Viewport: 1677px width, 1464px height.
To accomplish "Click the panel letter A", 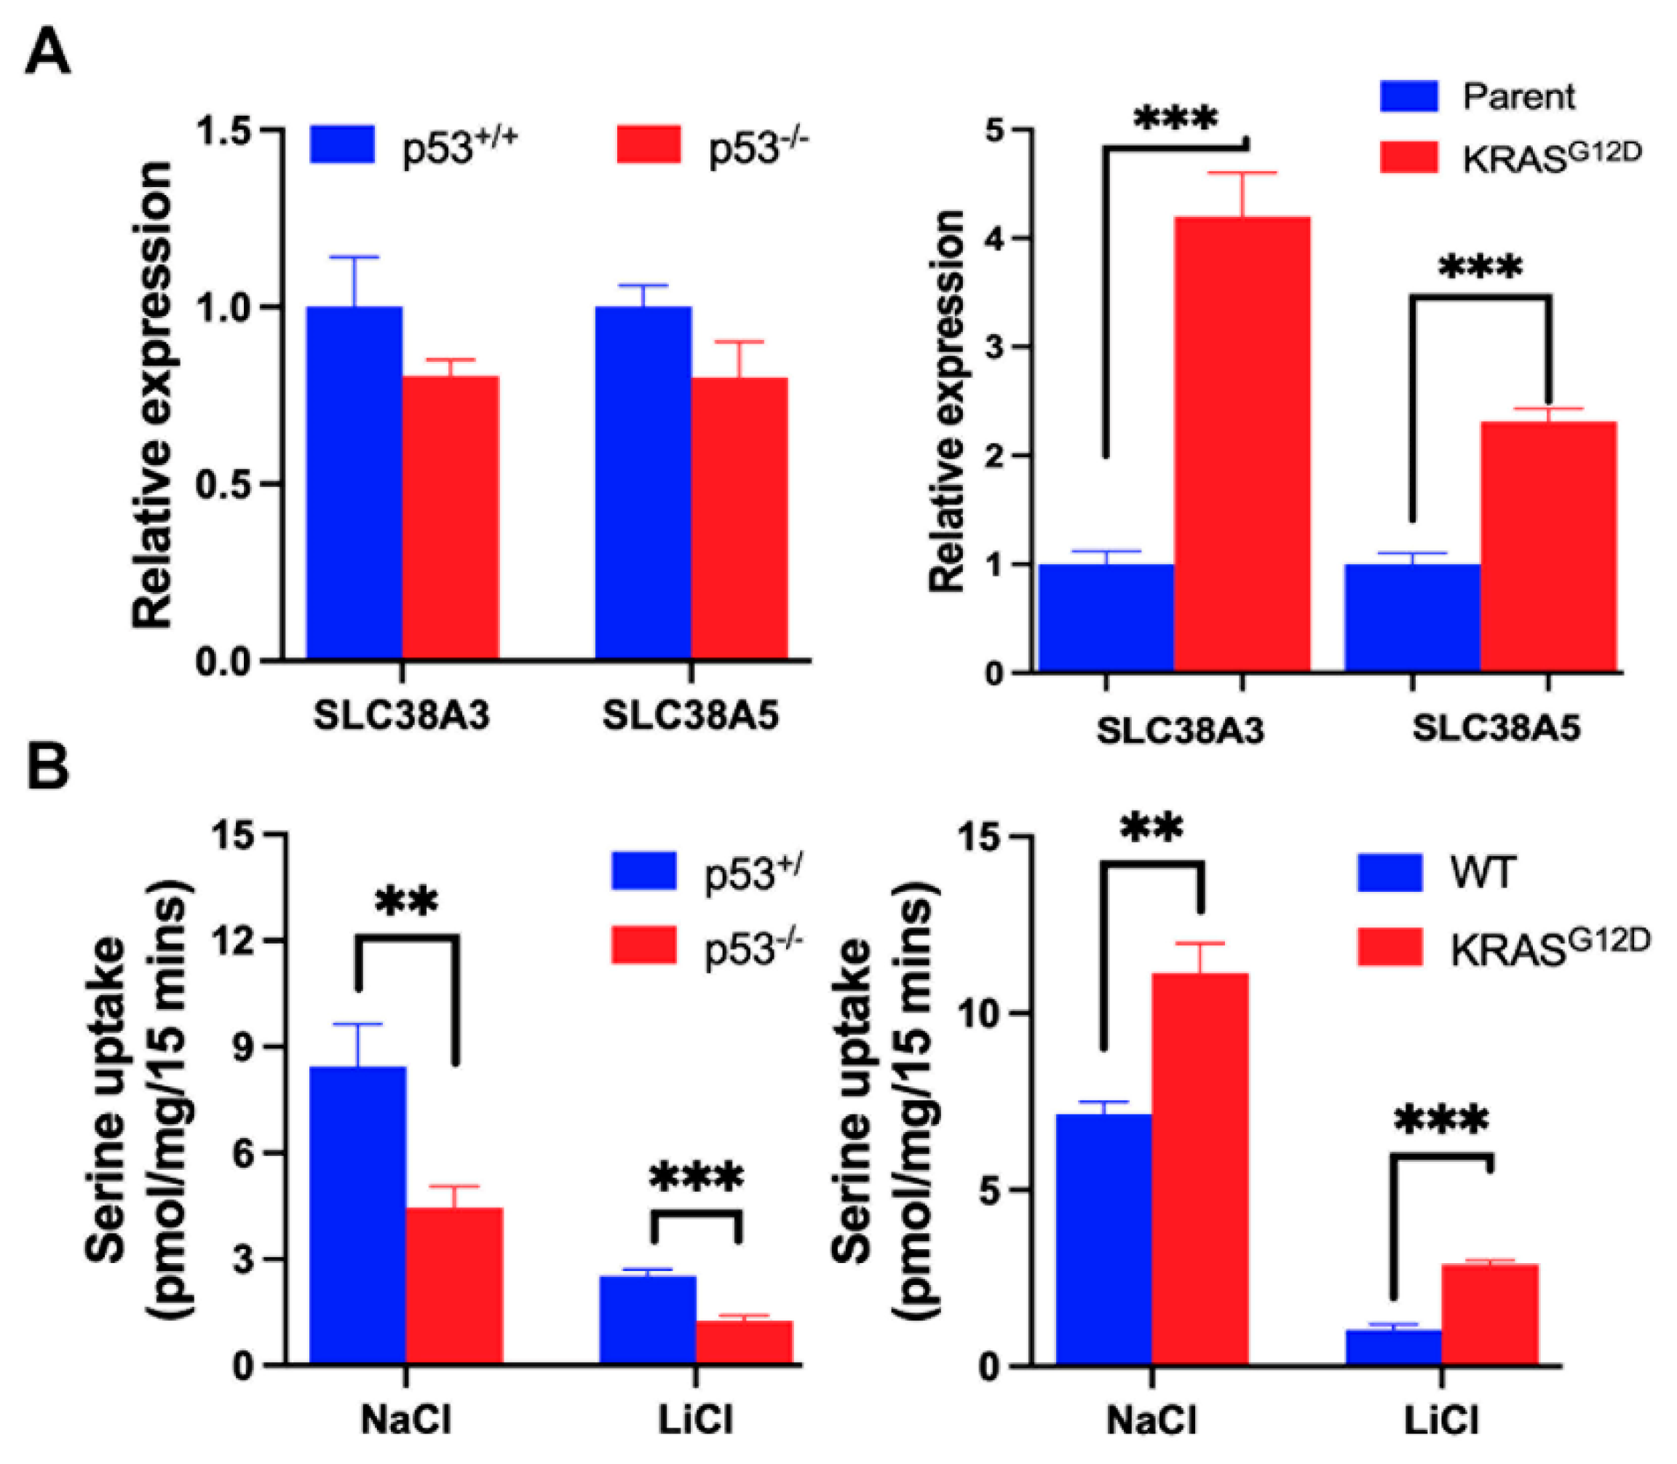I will click(x=47, y=54).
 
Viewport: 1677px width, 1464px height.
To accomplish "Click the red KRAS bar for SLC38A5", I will click(x=1548, y=547).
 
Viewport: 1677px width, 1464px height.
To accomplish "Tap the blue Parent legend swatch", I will click(x=1408, y=96).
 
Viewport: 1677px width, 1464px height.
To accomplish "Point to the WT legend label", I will click(x=1483, y=873).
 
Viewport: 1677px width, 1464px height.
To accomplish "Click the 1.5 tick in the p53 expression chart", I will click(x=227, y=131).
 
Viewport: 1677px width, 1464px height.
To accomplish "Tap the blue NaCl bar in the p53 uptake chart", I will click(x=357, y=1215).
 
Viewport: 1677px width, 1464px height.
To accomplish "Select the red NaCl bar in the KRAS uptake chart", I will click(x=1199, y=1168).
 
